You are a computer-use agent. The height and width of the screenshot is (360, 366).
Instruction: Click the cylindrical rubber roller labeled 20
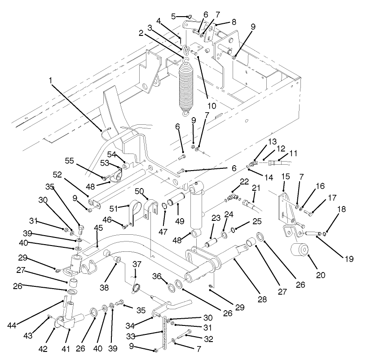point(299,251)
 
